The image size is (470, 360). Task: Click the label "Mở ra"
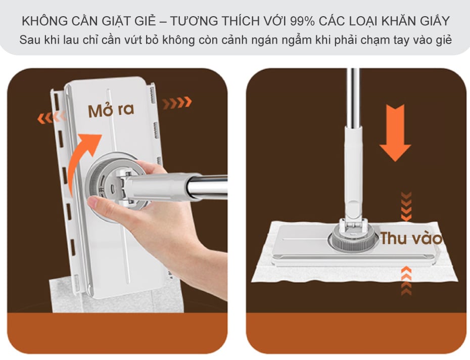(x=111, y=110)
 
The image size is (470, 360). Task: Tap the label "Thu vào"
(x=411, y=239)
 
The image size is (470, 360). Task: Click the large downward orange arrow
(x=395, y=133)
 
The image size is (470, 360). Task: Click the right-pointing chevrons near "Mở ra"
(x=177, y=103)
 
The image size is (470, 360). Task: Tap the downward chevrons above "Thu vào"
(x=406, y=207)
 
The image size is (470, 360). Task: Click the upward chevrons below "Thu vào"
(x=406, y=281)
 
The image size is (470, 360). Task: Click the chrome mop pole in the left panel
(x=207, y=188)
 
